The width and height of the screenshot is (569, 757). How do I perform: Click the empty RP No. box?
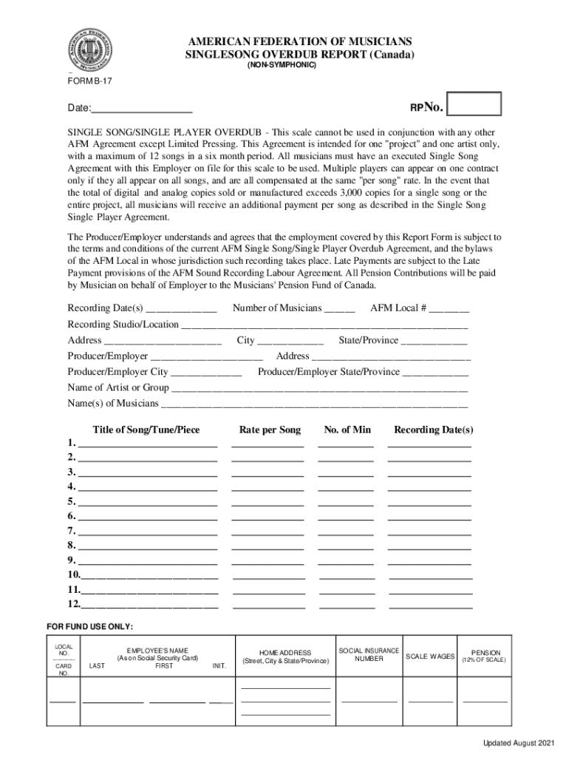(474, 104)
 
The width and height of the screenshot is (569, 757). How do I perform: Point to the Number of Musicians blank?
(340, 308)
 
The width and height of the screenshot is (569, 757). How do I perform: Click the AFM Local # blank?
(449, 308)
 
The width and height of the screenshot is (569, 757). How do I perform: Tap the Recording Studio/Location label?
(123, 325)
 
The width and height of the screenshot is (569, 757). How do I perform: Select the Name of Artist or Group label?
(118, 387)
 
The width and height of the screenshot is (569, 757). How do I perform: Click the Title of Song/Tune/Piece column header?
(146, 430)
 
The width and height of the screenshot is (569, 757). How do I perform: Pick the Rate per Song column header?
(270, 430)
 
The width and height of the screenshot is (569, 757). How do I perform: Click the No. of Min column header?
(347, 430)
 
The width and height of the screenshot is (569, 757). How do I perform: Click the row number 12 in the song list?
(73, 604)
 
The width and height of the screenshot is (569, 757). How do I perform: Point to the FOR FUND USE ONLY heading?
(89, 627)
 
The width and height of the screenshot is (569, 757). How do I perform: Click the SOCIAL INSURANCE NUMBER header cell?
(369, 654)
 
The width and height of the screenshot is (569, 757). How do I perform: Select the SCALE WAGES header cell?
(430, 656)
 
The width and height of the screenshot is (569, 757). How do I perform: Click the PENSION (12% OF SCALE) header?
(485, 656)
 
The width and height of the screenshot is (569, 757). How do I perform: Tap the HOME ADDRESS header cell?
(285, 656)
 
